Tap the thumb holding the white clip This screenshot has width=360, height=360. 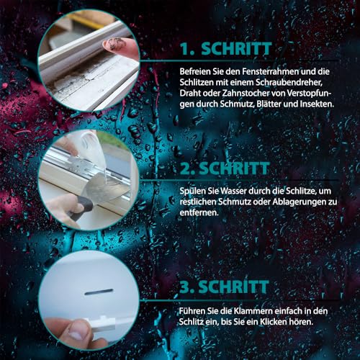(x=73, y=333)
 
